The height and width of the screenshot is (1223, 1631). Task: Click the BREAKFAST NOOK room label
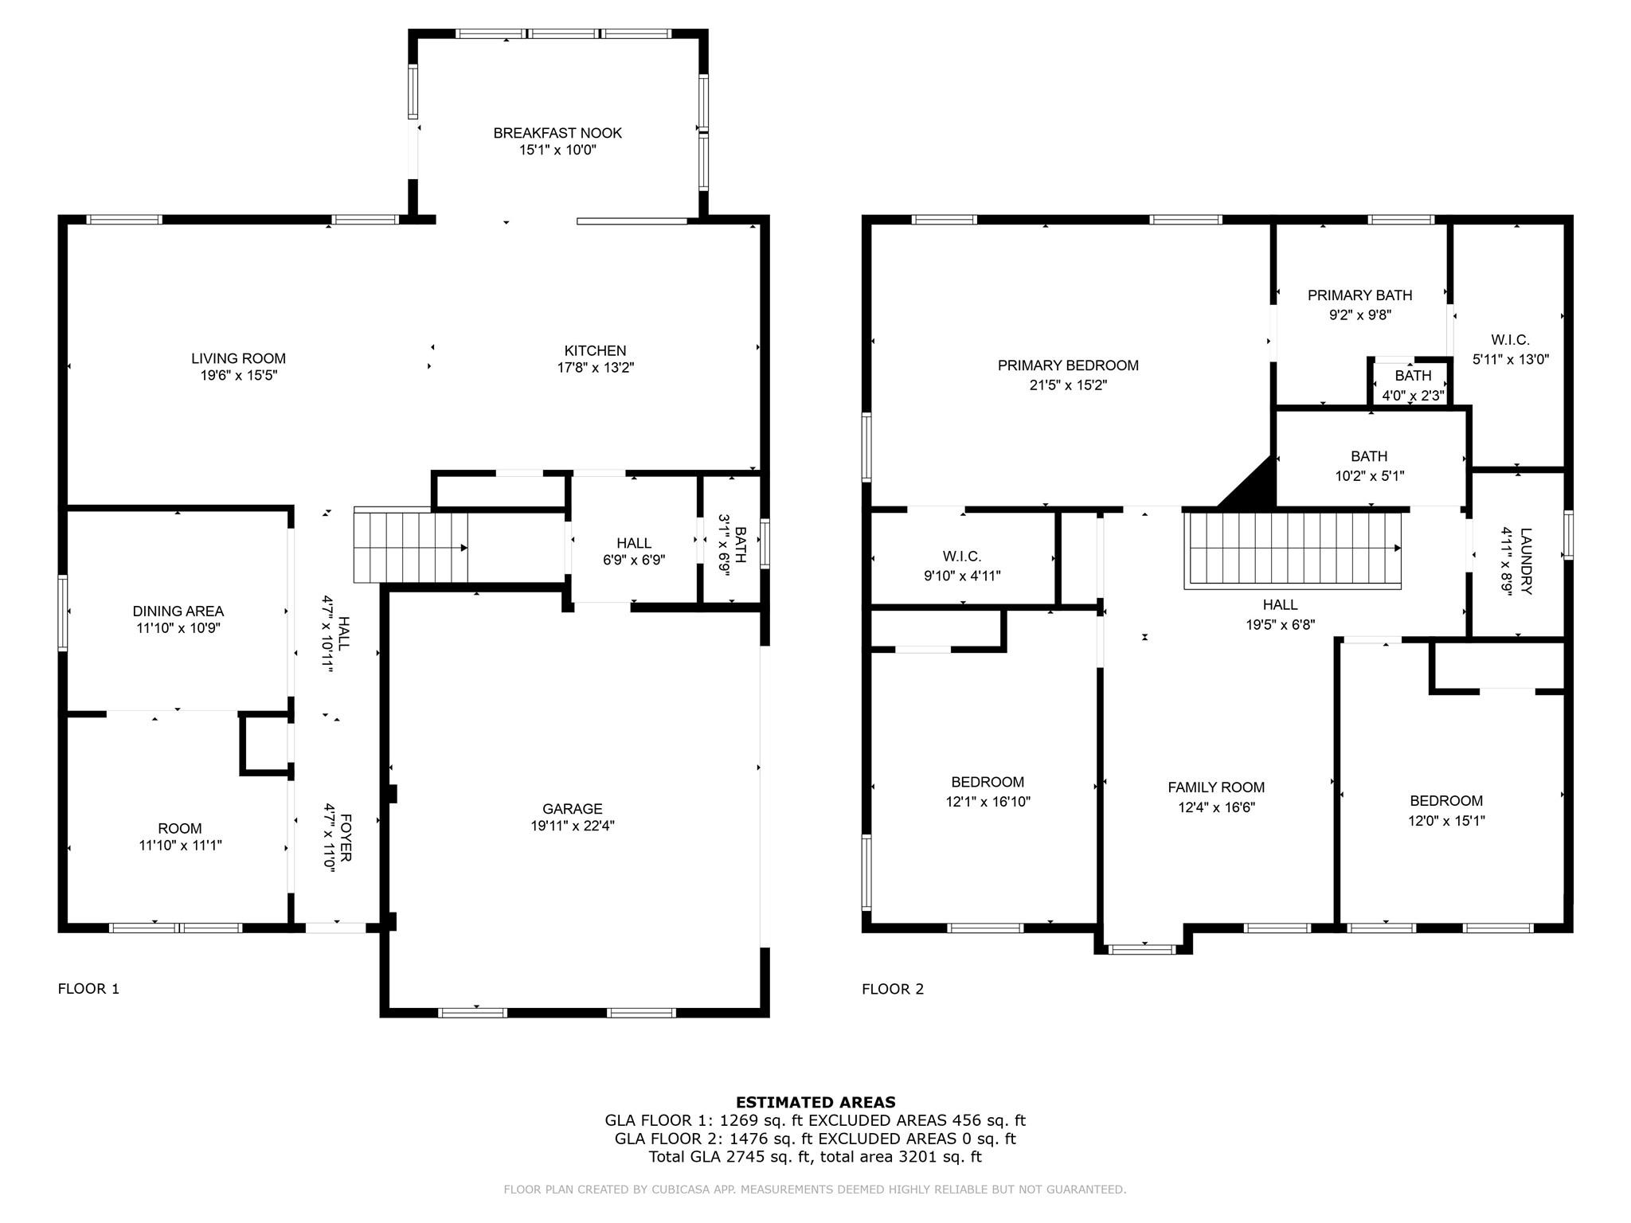pos(557,133)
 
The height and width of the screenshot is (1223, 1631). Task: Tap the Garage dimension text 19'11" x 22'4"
pos(573,826)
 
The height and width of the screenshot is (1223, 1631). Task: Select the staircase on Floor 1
pos(410,548)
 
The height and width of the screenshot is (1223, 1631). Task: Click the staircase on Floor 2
pos(1292,549)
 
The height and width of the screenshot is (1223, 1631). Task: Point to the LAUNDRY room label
pos(1525,550)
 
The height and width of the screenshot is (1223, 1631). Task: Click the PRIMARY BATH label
pos(1359,295)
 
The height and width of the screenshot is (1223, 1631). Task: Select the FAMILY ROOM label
pos(1215,787)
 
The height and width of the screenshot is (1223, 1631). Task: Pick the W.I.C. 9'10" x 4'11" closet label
pos(962,557)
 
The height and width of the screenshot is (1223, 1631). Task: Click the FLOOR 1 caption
pos(88,989)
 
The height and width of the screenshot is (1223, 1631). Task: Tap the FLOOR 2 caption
pos(893,989)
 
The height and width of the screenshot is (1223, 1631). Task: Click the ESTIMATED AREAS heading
pos(815,1102)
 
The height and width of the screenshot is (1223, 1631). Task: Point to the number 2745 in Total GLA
pos(746,1157)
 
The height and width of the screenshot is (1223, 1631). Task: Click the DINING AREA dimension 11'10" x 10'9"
pos(178,628)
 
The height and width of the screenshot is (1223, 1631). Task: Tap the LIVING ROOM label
pos(238,358)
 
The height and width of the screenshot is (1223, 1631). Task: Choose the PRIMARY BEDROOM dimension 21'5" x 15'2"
pos(1067,385)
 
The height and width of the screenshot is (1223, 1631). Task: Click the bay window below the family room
pos(1142,948)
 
